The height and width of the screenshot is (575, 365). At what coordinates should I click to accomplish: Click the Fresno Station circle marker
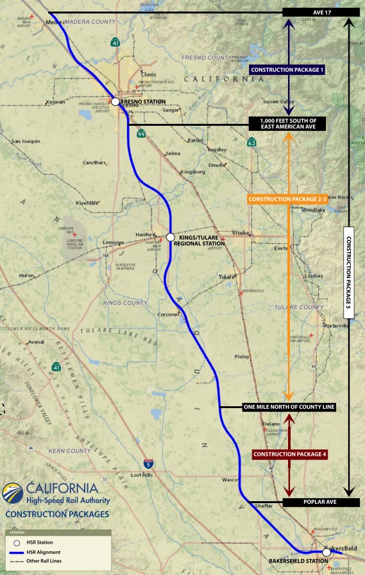tap(115, 101)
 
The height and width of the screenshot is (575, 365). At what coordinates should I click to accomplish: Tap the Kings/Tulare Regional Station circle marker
tap(171, 237)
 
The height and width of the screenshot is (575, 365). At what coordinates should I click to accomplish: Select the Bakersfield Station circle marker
tap(327, 552)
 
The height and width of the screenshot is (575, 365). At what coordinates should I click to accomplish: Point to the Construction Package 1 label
tap(288, 69)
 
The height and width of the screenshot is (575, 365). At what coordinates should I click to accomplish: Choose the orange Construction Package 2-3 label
tap(287, 200)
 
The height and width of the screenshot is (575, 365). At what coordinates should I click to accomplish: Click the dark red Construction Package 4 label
tap(290, 454)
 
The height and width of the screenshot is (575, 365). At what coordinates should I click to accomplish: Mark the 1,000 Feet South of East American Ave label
tap(288, 124)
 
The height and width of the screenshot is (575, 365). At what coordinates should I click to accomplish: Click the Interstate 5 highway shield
tap(149, 462)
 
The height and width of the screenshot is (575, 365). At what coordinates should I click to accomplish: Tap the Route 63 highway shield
tap(252, 142)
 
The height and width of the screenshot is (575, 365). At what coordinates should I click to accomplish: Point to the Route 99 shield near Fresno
tap(140, 133)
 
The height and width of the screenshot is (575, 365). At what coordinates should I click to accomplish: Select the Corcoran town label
tap(168, 314)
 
